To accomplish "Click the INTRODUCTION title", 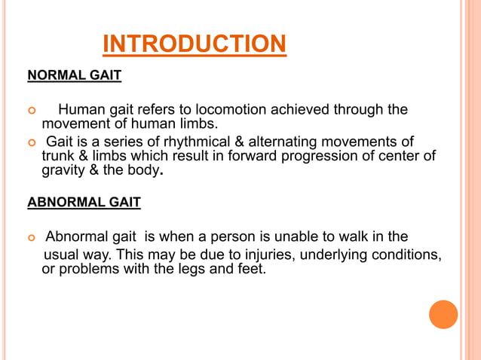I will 194,44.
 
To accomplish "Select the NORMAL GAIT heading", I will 75,76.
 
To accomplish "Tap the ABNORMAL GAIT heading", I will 84,203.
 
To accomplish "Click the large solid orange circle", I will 443,314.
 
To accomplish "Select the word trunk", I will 58,157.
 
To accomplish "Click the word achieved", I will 286,111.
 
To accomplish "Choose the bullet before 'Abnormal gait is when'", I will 31,239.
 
